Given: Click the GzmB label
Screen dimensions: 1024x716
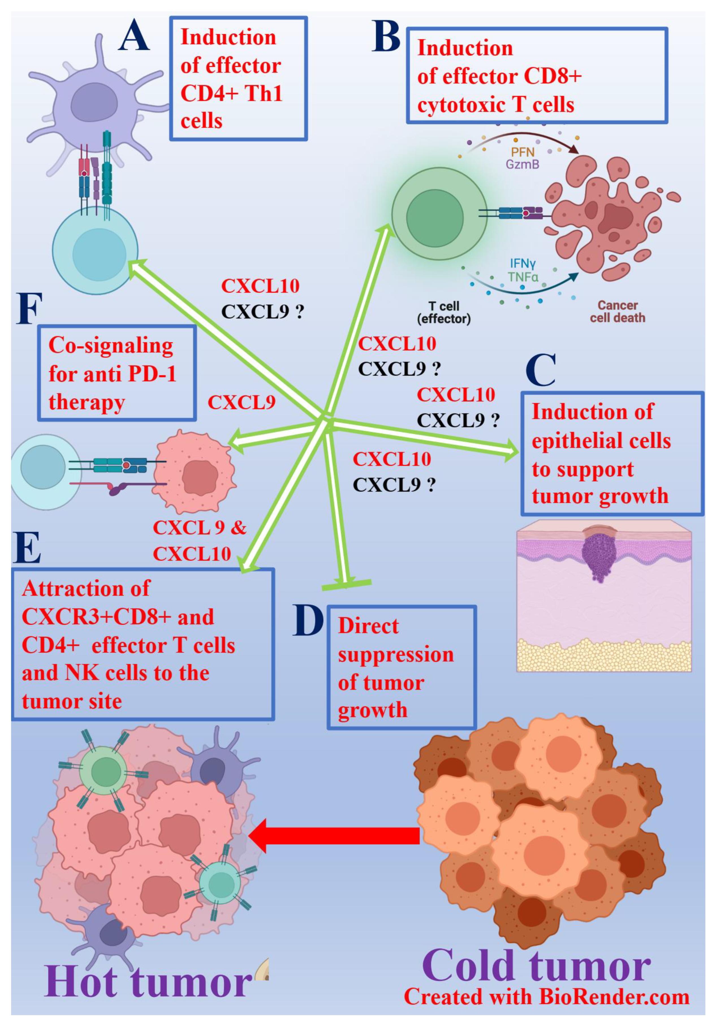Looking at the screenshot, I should pyautogui.click(x=522, y=165).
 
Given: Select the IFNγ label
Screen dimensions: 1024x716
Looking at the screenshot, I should pyautogui.click(x=523, y=264).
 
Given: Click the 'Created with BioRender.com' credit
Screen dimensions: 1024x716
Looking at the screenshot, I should pyautogui.click(x=547, y=997).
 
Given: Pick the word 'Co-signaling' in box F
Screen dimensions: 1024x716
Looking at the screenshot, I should pyautogui.click(x=111, y=346).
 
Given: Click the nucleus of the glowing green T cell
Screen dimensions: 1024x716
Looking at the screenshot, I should pyautogui.click(x=435, y=218).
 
